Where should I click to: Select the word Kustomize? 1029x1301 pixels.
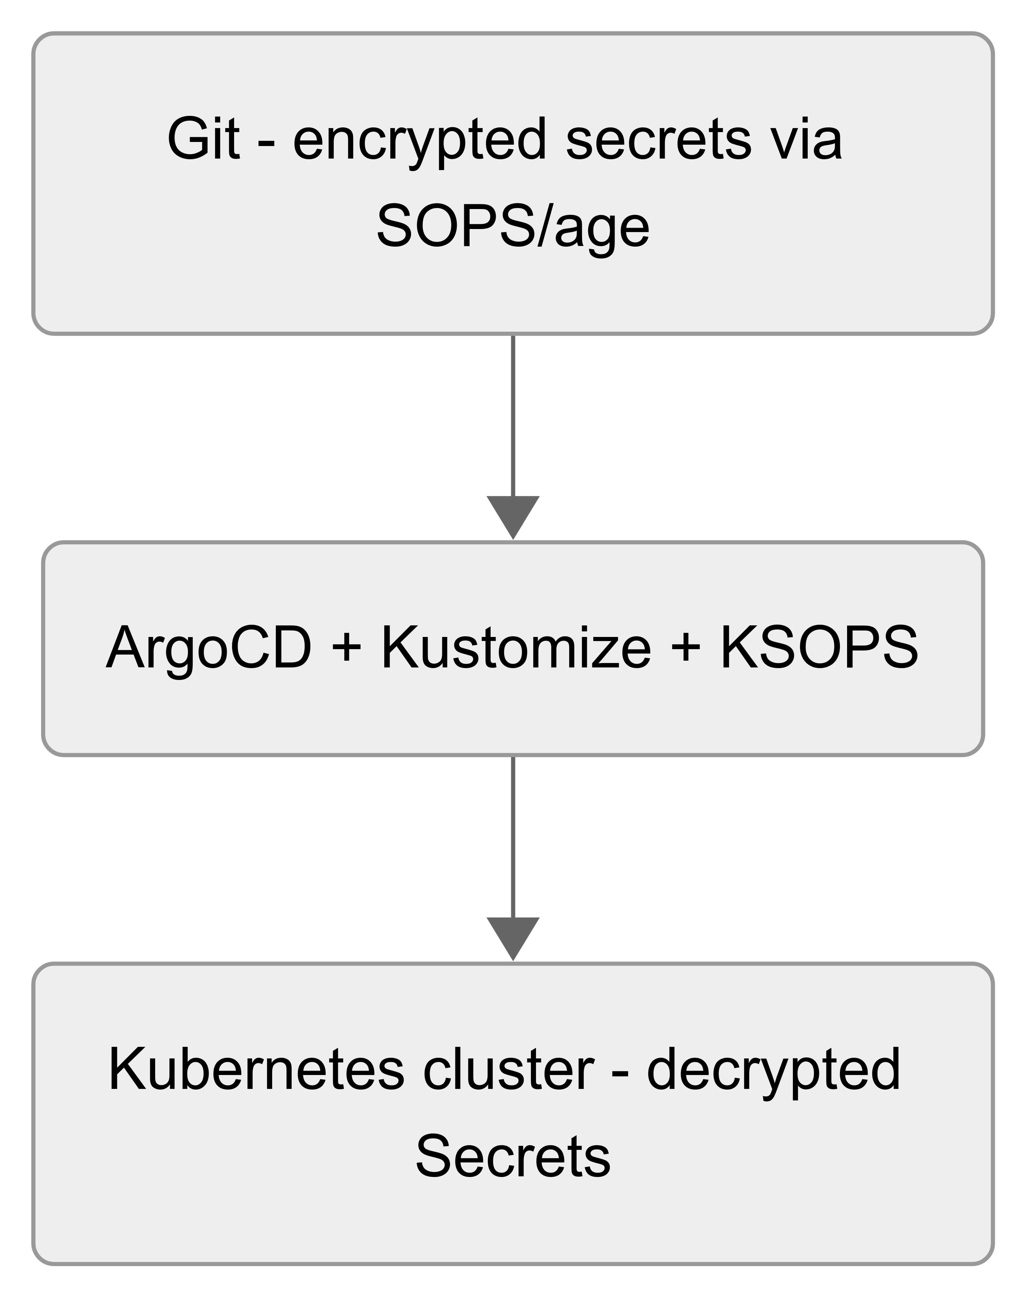tap(516, 648)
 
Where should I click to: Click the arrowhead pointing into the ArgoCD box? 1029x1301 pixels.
tap(513, 515)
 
